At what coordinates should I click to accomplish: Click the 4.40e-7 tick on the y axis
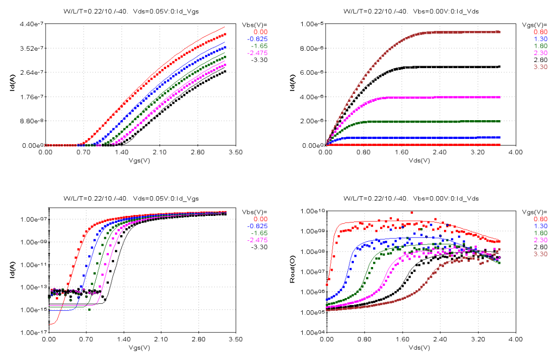pos(31,24)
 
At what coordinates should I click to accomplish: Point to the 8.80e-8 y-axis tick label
pos(31,121)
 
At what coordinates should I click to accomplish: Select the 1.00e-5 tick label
pos(312,24)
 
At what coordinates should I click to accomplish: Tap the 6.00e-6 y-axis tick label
pos(312,72)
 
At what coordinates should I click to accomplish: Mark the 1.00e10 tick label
pos(312,211)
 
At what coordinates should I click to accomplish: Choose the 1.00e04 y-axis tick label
pos(312,332)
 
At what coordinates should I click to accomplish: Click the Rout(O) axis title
pos(291,272)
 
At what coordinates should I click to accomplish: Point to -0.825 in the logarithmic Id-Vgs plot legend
pos(258,226)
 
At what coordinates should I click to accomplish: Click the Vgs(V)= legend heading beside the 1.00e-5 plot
pos(535,24)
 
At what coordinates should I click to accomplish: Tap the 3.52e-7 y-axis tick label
pos(31,48)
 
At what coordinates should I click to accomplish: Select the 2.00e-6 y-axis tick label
pos(312,121)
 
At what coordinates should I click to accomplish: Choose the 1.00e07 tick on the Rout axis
pos(312,272)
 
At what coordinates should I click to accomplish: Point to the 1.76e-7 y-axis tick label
pos(31,97)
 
